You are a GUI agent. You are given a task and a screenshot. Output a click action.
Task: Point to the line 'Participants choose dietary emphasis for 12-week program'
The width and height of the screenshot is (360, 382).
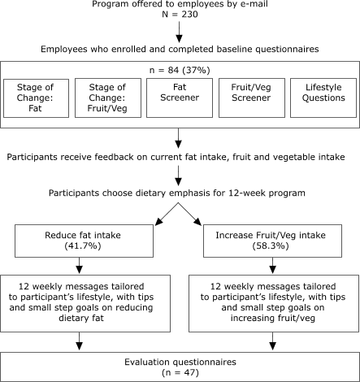tap(180, 195)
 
